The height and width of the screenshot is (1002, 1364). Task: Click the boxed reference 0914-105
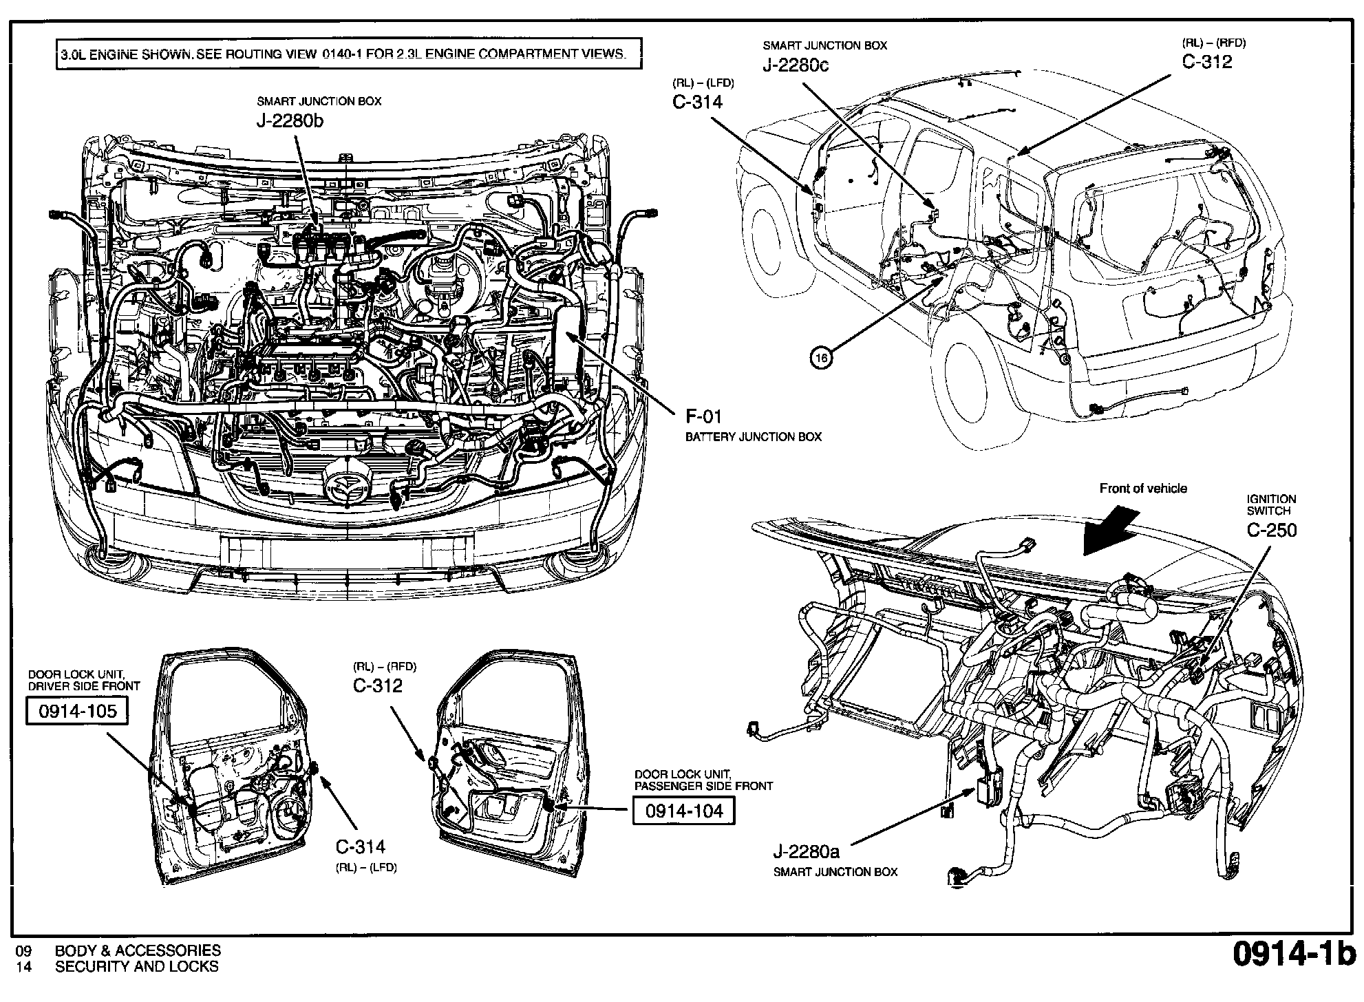pos(76,711)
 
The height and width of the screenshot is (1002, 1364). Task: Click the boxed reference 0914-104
pos(683,811)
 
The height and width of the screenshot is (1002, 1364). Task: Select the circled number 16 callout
pos(821,357)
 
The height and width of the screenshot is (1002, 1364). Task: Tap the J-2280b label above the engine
pos(290,121)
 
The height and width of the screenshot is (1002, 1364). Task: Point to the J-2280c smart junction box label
pos(795,65)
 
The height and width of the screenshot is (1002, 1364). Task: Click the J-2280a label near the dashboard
pos(806,852)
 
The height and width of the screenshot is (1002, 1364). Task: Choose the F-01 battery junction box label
pos(703,416)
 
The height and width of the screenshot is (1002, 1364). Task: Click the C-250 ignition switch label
pos(1271,530)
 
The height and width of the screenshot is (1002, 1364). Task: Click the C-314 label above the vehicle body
pos(697,102)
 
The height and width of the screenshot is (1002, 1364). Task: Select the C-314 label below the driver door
pos(360,847)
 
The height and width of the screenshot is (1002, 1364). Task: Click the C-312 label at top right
pos(1207,62)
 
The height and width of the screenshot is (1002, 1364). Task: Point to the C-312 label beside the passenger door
pos(378,685)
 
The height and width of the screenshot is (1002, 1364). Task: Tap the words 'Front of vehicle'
pos(1143,489)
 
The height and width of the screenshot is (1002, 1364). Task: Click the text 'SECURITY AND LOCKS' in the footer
pos(136,967)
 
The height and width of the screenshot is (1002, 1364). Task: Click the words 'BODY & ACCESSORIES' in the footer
pos(138,951)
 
